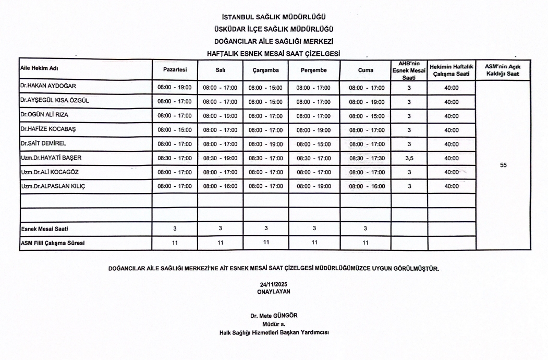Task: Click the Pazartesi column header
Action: [174, 69]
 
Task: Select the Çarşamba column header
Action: [266, 69]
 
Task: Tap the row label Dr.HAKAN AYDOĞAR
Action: [45, 87]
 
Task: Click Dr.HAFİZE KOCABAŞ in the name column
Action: [46, 129]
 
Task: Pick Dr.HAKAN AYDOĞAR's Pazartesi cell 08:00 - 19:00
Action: [174, 88]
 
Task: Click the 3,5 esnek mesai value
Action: [409, 158]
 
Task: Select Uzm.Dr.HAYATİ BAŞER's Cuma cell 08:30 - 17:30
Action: [366, 158]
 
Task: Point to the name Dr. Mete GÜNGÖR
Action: [274, 315]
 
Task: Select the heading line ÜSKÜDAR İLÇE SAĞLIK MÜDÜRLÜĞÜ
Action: [274, 29]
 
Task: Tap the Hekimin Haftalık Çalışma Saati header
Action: [451, 69]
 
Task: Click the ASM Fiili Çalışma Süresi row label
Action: [52, 243]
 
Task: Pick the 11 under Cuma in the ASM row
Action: [366, 243]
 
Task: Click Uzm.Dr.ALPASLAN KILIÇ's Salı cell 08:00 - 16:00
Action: [220, 186]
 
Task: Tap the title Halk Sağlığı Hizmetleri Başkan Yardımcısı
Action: [274, 332]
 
